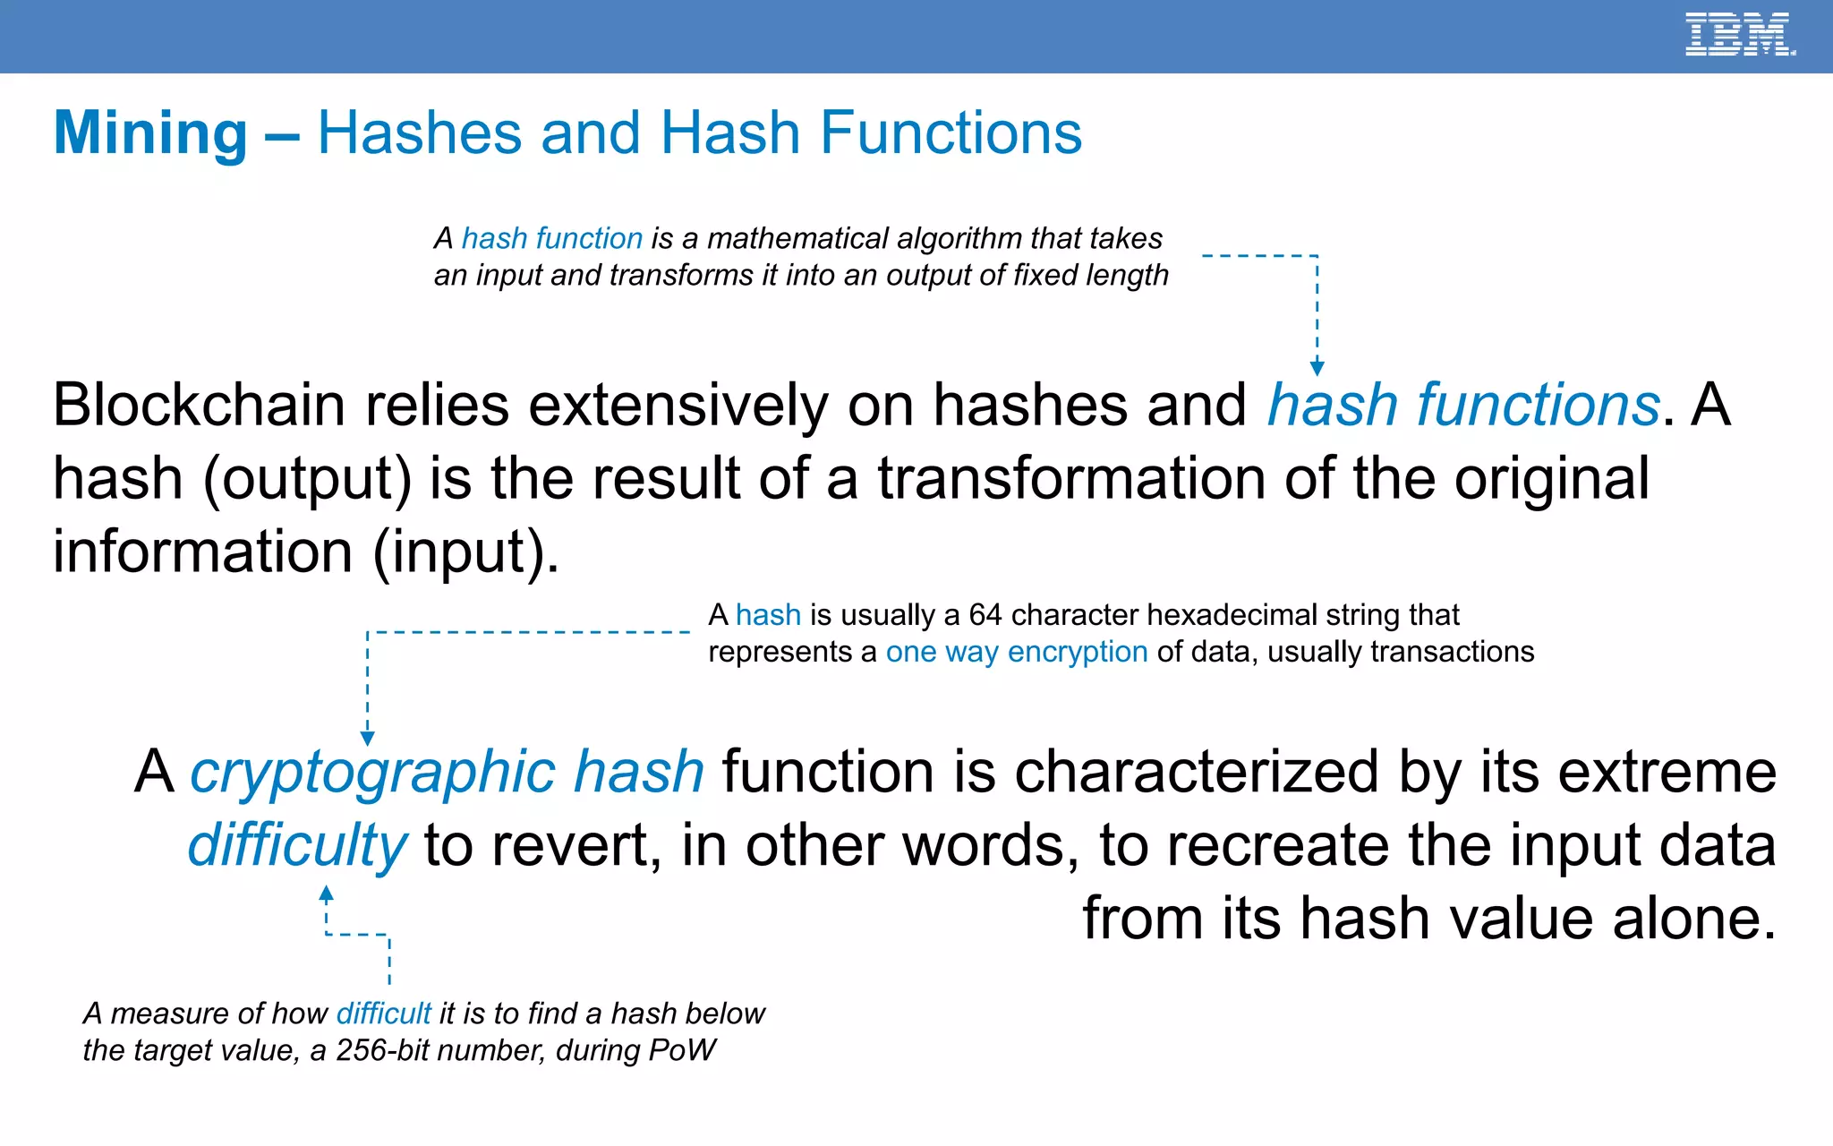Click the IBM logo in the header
point(1739,35)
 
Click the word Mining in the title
point(150,133)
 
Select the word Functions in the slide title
point(951,133)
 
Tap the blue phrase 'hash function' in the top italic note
point(551,238)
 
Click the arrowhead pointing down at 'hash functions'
point(1317,368)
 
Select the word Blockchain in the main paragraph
point(199,405)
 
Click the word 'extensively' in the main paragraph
point(678,405)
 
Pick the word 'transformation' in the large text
point(1071,478)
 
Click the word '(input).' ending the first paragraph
point(465,552)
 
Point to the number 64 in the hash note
point(985,615)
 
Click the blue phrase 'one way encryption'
point(1016,652)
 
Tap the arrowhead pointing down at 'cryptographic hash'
point(367,738)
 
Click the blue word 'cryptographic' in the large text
point(372,772)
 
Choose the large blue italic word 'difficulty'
point(297,845)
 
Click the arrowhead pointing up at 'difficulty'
point(327,894)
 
